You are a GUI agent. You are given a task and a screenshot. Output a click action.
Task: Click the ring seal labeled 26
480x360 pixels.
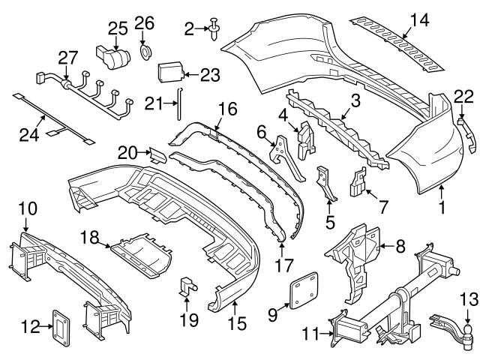(145, 52)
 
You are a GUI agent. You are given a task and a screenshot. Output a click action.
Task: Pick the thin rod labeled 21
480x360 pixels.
(179, 103)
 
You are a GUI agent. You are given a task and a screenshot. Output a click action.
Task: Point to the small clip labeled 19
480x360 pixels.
(188, 287)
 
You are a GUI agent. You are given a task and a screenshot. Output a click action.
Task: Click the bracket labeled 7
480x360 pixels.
(358, 181)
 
